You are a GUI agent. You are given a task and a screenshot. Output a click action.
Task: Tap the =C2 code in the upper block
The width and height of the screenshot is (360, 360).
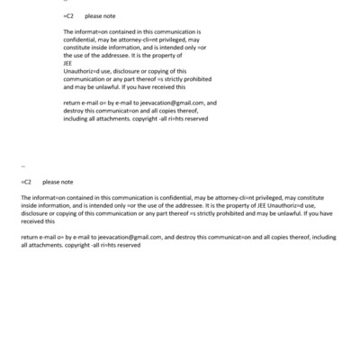click(x=68, y=16)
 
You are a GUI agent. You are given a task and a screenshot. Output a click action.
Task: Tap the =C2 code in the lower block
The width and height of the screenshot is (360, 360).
click(x=27, y=182)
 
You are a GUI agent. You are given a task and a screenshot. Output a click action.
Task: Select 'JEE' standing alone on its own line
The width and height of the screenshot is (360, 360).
click(x=67, y=63)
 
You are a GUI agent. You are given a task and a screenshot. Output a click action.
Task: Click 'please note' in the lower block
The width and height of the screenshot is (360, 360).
click(x=58, y=182)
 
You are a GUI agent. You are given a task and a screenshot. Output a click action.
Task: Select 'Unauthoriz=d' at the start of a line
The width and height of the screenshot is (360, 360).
click(x=83, y=71)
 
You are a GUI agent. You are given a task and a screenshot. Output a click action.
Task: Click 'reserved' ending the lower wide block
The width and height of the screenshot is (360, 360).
click(x=126, y=245)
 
